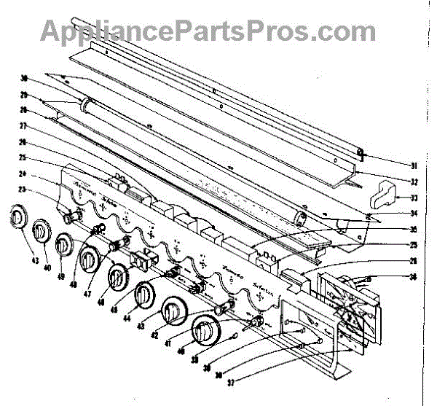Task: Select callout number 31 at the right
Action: tap(392, 165)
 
